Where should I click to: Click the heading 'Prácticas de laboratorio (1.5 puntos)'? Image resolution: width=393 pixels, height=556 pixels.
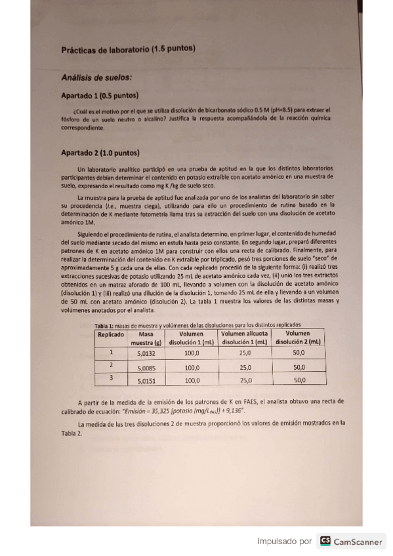[128, 49]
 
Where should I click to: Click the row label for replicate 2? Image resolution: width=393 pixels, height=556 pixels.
[111, 365]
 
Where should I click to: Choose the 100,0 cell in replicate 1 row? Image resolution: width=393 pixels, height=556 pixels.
[192, 352]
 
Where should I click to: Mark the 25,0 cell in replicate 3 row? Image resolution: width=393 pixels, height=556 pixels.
[246, 380]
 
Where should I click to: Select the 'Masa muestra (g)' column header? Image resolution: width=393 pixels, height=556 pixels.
[150, 338]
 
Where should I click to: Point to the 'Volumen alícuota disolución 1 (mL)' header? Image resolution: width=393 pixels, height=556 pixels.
[245, 338]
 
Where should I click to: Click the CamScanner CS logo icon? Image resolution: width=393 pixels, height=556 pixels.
[325, 542]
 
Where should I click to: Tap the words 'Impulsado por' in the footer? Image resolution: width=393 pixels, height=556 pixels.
[285, 542]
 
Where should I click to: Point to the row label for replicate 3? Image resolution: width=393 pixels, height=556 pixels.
[111, 378]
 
